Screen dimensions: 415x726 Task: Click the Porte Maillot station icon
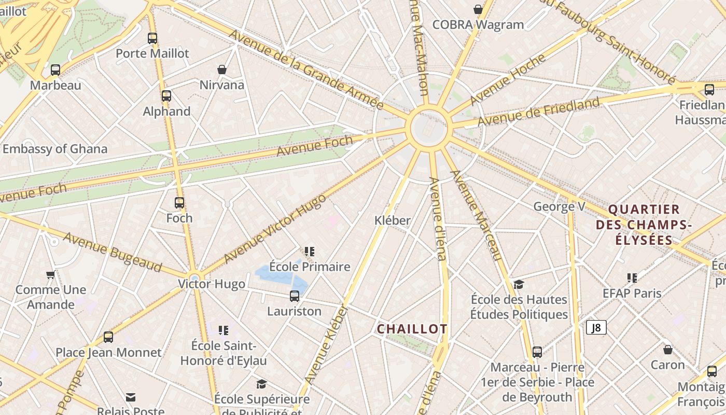coord(152,38)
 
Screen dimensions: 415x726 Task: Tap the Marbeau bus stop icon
coord(55,70)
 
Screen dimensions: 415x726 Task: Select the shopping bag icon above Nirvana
coord(222,70)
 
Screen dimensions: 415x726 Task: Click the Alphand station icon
coord(166,96)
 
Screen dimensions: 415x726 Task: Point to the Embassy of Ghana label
coord(54,149)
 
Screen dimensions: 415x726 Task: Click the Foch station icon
coord(179,203)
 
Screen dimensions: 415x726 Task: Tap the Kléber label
coord(393,220)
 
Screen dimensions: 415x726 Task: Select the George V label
coord(559,206)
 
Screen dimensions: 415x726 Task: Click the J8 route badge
coord(596,327)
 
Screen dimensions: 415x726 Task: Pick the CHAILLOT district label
coord(412,329)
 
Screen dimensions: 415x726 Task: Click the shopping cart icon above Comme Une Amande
coord(50,274)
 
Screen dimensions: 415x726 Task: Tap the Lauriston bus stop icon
coord(295,296)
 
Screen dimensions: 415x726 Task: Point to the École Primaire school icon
coord(310,252)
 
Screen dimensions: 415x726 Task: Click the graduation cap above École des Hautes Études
coord(519,284)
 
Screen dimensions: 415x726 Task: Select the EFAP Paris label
coord(632,293)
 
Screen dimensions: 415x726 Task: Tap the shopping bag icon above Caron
coord(668,350)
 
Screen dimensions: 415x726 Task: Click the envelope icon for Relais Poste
coord(131,397)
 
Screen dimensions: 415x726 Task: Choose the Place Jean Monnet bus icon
coord(108,337)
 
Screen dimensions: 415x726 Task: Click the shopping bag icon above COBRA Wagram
coord(478,9)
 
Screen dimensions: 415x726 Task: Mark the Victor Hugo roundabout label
coord(211,284)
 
